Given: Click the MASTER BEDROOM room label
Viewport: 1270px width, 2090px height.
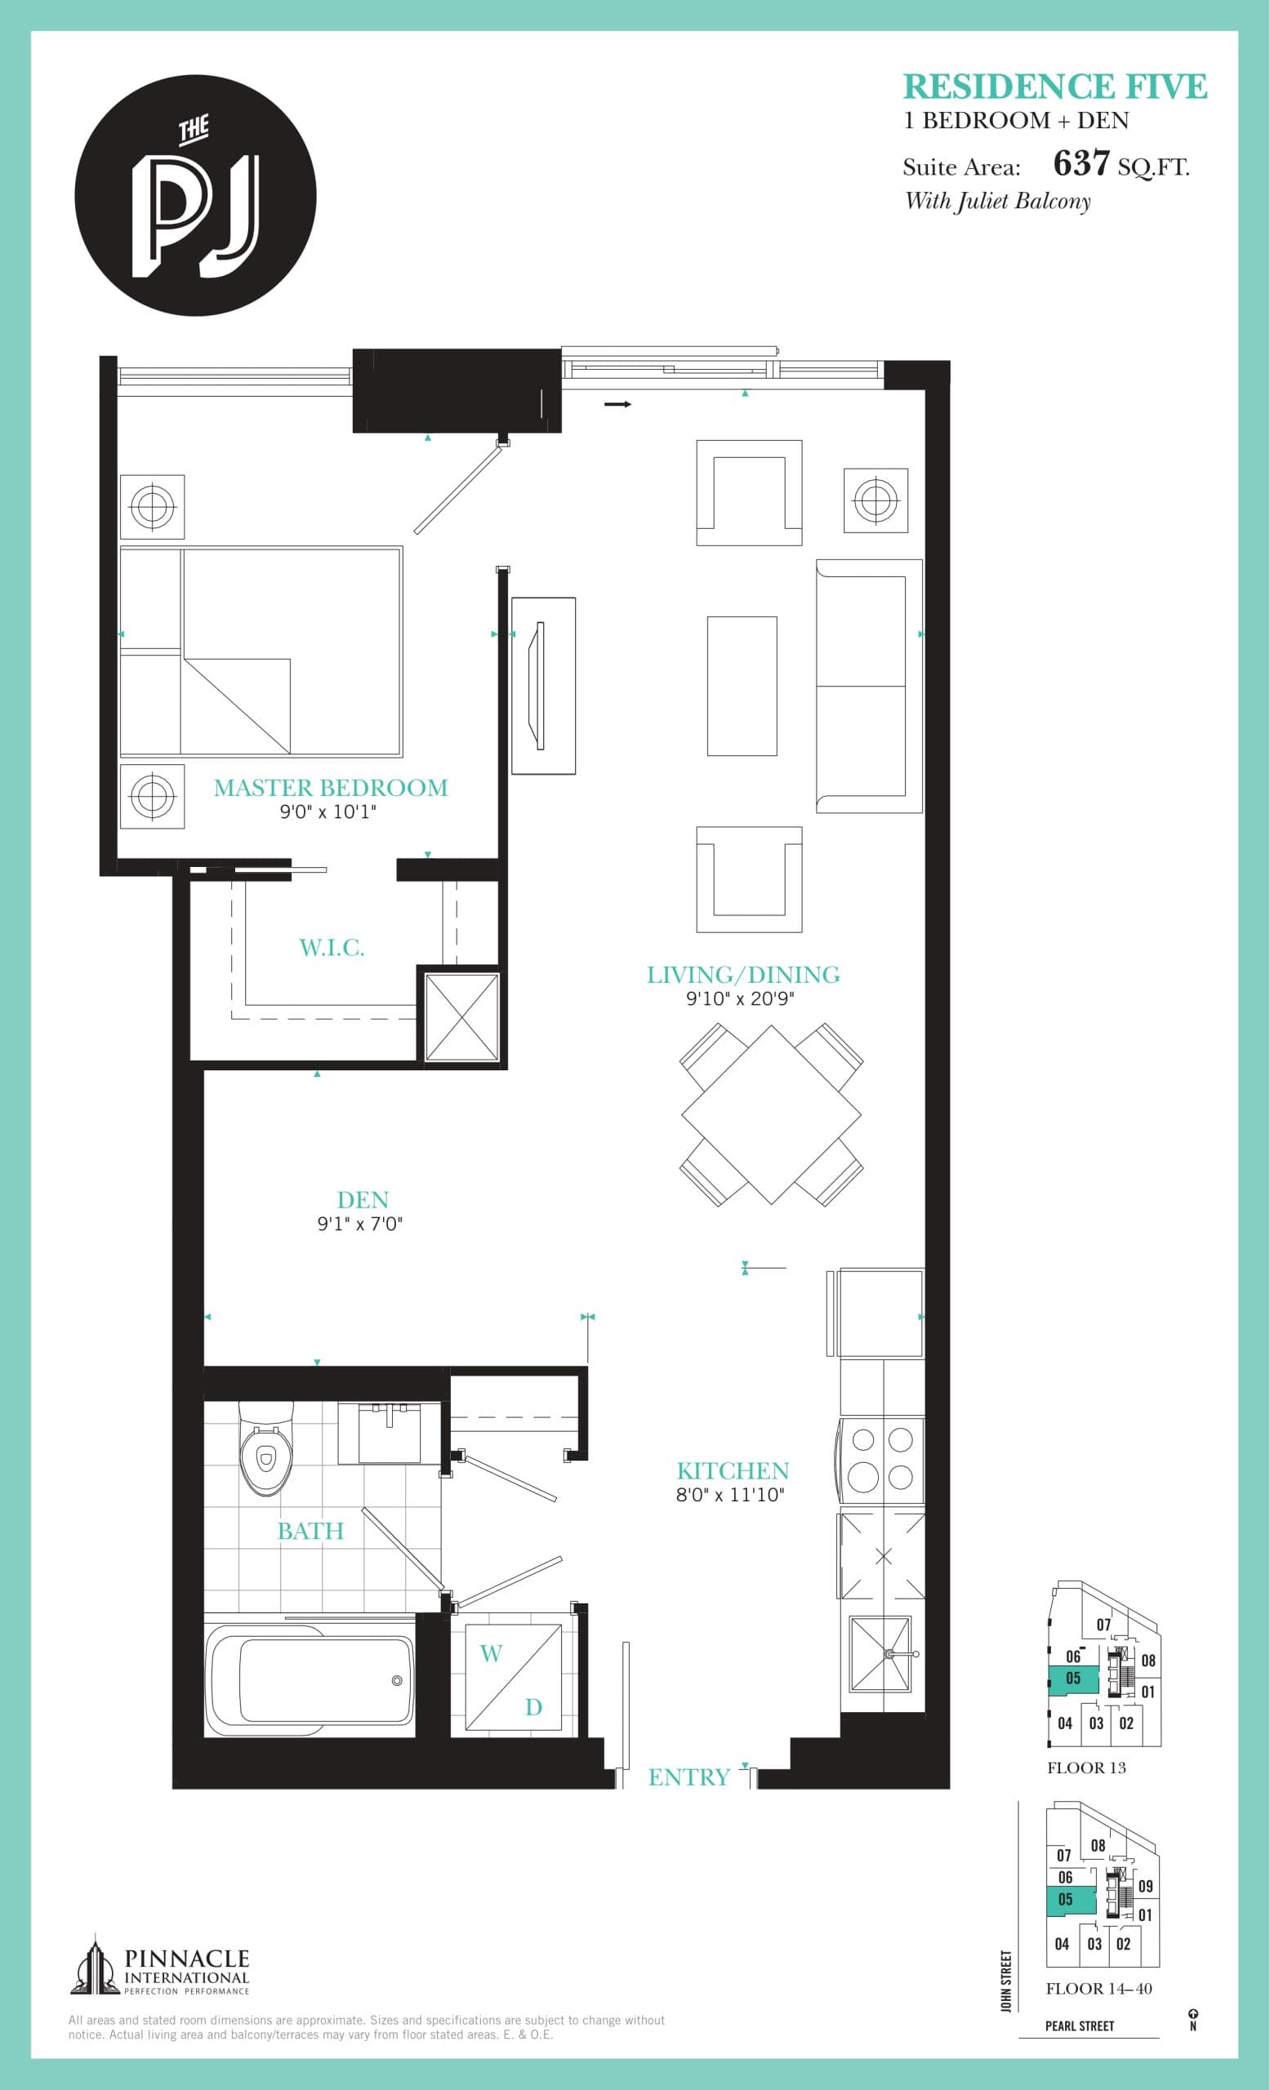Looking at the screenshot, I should (330, 787).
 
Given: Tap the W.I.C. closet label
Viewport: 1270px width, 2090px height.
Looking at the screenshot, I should (332, 948).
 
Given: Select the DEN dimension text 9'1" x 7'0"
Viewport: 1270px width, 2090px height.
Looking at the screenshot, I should (359, 1223).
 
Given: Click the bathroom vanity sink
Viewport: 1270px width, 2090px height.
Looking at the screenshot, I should (390, 1433).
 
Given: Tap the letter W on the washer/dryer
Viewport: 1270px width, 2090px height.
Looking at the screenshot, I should (491, 1652).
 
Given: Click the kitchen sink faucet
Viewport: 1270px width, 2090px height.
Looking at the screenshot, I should (893, 1653).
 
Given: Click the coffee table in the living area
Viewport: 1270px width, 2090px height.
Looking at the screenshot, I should (742, 685).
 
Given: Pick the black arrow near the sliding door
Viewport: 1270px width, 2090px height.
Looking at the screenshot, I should (617, 405).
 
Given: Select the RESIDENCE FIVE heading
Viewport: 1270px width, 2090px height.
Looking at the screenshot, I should (1054, 87).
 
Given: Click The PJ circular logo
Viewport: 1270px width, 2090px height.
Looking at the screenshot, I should (196, 196).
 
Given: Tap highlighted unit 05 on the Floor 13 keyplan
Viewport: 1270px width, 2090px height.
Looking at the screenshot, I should (1072, 1678).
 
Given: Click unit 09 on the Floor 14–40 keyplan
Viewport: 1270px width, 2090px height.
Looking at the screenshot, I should (1145, 1887).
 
